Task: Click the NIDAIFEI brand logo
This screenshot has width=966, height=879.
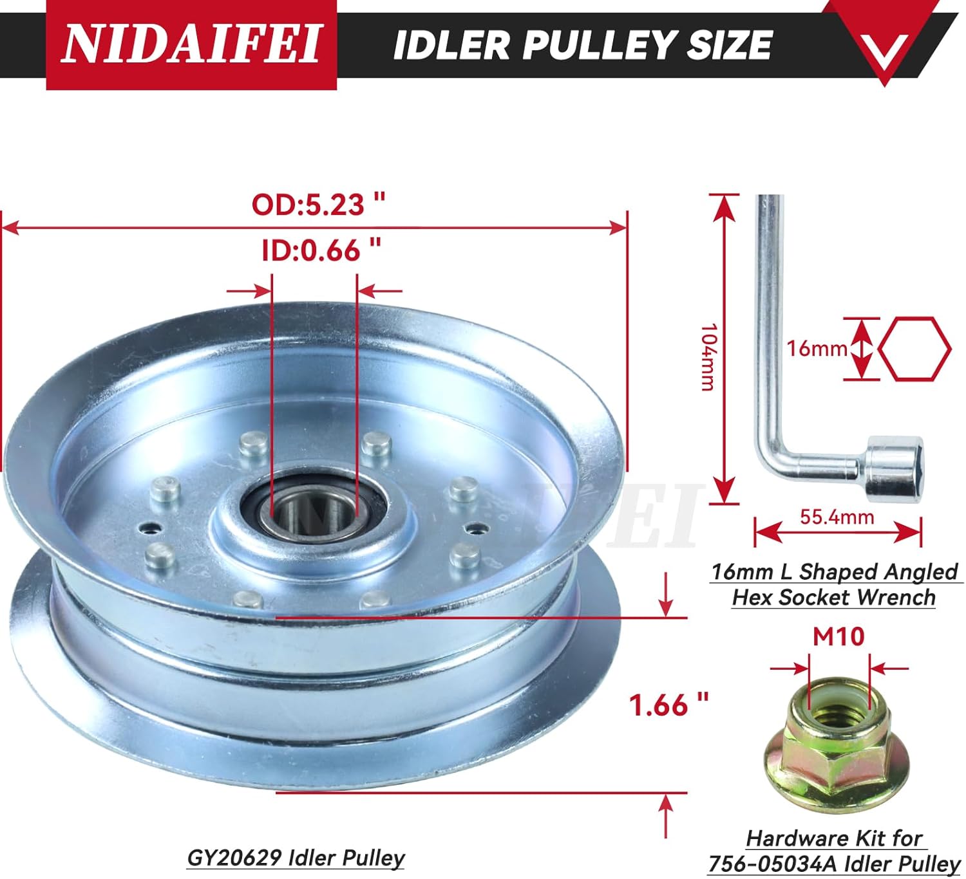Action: [191, 44]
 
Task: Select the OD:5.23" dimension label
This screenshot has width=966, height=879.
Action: [317, 205]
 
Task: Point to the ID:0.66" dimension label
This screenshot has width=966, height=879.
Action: [321, 250]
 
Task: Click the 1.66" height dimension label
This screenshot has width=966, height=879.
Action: [668, 705]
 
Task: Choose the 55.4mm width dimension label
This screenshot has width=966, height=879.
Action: [837, 516]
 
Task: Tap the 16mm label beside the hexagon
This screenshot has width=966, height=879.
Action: [817, 348]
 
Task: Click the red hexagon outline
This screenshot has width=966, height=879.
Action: [914, 348]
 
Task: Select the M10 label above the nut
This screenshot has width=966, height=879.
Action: [838, 636]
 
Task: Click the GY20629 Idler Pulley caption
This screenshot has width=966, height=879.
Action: [296, 857]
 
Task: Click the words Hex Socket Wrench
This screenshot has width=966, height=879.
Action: [833, 597]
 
